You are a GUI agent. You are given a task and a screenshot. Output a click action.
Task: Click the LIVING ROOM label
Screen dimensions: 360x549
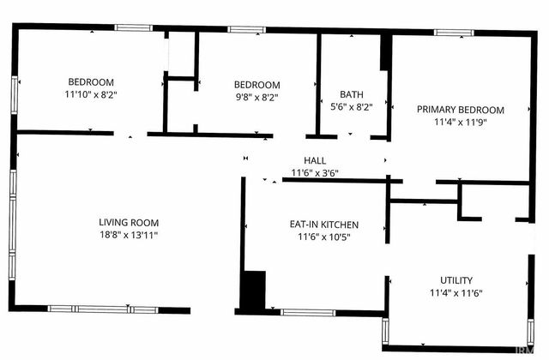click(128, 222)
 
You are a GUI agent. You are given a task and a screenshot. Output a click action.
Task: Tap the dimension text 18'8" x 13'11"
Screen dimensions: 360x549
click(128, 234)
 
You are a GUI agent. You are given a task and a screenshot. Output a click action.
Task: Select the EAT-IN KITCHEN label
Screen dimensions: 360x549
click(323, 225)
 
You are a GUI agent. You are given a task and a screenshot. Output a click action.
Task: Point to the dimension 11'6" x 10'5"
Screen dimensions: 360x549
click(323, 237)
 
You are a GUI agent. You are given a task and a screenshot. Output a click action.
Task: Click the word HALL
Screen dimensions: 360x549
click(315, 160)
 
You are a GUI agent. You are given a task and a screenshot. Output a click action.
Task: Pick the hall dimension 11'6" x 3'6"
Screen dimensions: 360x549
click(315, 172)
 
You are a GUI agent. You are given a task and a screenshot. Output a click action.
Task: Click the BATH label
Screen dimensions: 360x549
click(352, 95)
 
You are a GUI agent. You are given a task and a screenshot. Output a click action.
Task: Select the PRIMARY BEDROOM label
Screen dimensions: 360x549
click(461, 110)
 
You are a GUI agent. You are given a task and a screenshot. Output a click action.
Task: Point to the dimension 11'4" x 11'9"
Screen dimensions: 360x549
click(461, 122)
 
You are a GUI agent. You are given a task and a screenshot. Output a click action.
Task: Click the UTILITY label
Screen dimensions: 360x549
click(455, 280)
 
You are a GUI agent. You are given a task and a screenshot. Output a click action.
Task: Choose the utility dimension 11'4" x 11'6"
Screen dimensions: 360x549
click(455, 293)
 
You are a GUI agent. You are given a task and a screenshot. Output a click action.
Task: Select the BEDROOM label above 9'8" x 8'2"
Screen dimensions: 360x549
click(256, 85)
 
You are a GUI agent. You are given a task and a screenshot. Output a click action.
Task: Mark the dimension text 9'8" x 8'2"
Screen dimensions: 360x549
click(256, 97)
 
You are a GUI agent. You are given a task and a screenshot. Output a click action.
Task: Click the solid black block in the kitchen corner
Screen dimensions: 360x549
click(253, 291)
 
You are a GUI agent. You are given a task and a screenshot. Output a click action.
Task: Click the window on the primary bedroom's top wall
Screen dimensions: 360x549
click(454, 33)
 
